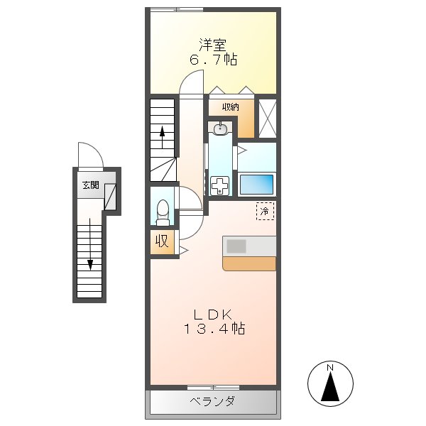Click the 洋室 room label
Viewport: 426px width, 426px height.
(x=212, y=44)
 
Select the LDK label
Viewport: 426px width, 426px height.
(x=212, y=313)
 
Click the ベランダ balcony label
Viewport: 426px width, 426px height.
(x=212, y=403)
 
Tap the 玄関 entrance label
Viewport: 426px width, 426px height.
(x=90, y=185)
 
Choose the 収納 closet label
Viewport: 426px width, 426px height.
(x=229, y=106)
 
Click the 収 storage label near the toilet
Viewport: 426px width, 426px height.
(x=162, y=241)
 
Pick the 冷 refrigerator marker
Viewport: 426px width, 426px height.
(x=264, y=210)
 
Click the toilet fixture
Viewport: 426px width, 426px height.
(x=163, y=210)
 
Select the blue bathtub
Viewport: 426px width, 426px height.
(x=256, y=185)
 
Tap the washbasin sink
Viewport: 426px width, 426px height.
(x=221, y=129)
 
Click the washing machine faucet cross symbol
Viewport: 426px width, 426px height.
(x=221, y=187)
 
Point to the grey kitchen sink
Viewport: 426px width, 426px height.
(x=236, y=246)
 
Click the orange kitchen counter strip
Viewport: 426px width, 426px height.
(x=248, y=263)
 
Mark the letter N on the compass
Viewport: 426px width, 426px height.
(x=331, y=368)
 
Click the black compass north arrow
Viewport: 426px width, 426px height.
(x=331, y=388)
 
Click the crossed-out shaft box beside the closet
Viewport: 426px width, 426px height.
(x=267, y=117)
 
